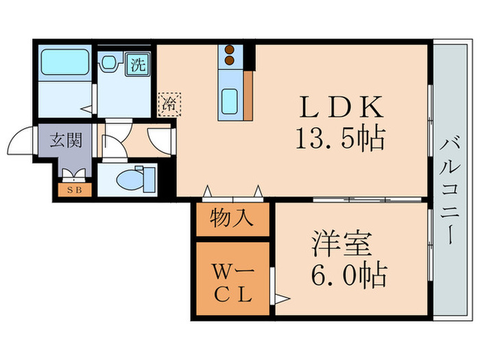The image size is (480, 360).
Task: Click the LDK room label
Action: coord(338,108)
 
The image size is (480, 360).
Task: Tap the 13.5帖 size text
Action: coord(338,139)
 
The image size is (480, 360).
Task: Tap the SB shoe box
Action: coord(73,189)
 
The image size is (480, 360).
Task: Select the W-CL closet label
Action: coord(232,281)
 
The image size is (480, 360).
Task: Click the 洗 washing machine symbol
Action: coord(139,65)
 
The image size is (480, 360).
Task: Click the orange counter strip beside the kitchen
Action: coord(248,94)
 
